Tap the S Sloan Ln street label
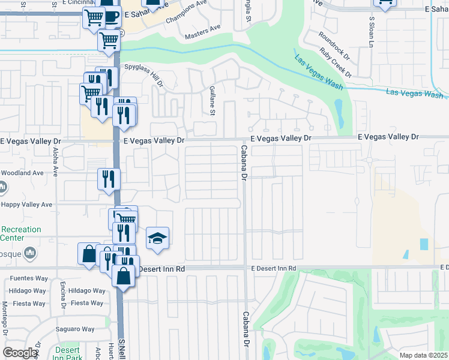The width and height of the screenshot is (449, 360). [372, 32]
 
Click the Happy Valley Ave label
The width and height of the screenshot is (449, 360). [26, 205]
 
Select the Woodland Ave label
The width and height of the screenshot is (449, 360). [22, 173]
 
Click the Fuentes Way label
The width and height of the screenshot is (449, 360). [28, 278]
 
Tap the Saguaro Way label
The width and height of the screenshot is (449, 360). [76, 329]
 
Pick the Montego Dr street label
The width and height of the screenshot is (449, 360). [5, 317]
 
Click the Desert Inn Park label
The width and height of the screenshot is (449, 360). [67, 354]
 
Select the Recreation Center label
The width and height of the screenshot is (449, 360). [22, 233]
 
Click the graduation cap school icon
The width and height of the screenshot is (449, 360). [157, 238]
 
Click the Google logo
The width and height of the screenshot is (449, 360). [20, 353]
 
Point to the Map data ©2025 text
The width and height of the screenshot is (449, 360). [423, 355]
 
